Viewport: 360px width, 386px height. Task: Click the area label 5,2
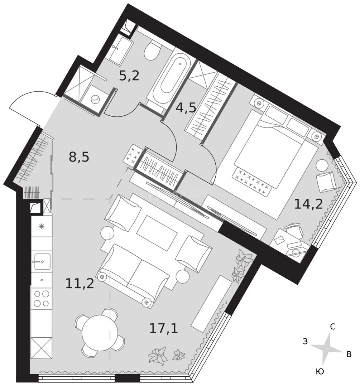pyautogui.click(x=129, y=76)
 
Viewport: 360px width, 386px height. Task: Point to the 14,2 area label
pyautogui.click(x=308, y=204)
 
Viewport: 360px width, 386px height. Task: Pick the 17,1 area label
pyautogui.click(x=163, y=328)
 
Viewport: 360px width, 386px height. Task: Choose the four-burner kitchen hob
pyautogui.click(x=41, y=298)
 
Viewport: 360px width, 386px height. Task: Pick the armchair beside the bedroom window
pyautogui.click(x=326, y=182)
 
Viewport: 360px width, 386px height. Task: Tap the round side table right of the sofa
pyautogui.click(x=182, y=276)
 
